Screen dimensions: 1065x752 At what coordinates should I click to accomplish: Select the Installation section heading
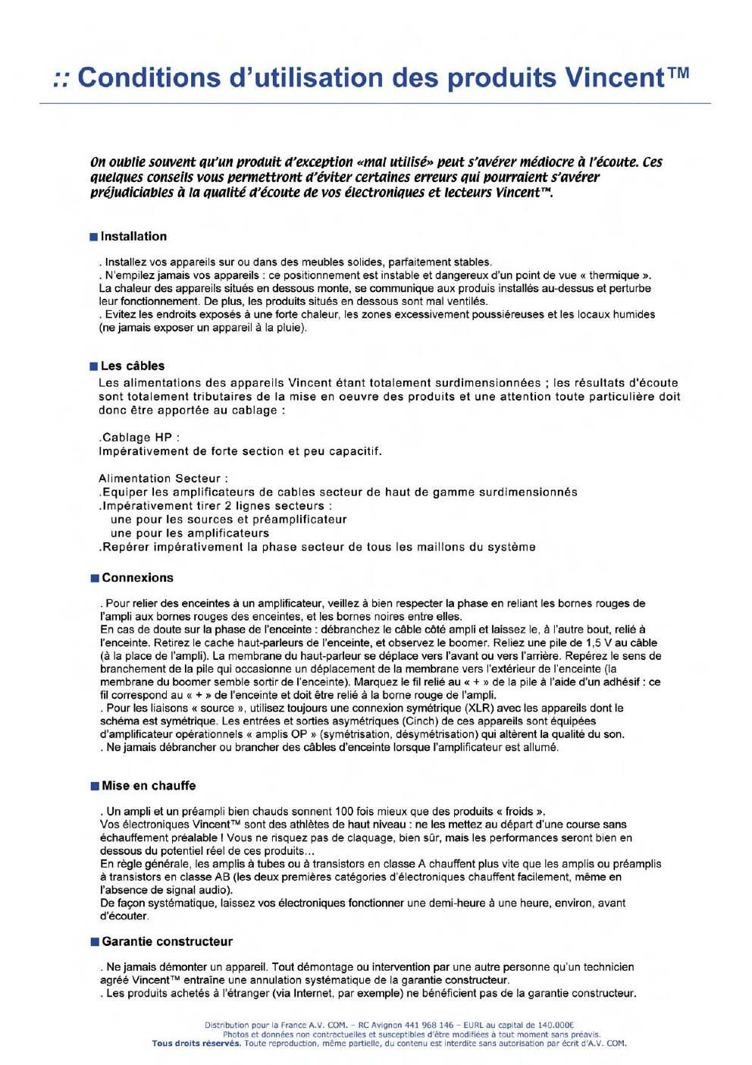pyautogui.click(x=133, y=237)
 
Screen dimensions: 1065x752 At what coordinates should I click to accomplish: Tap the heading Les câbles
pyautogui.click(x=133, y=366)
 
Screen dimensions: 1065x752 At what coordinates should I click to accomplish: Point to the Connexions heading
pyautogui.click(x=137, y=578)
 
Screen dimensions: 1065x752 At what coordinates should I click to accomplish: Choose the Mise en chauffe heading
pyautogui.click(x=149, y=786)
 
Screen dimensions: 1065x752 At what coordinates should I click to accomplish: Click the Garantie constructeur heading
pyautogui.click(x=167, y=941)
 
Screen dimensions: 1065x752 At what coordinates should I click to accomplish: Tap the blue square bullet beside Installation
pyautogui.click(x=94, y=237)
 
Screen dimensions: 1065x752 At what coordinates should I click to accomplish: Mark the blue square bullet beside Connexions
pyautogui.click(x=94, y=579)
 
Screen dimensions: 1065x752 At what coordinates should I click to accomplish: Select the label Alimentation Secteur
pyautogui.click(x=163, y=479)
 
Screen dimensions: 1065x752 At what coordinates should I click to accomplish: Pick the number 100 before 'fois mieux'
pyautogui.click(x=345, y=811)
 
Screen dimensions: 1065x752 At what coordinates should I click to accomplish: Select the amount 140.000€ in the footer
pyautogui.click(x=554, y=1026)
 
